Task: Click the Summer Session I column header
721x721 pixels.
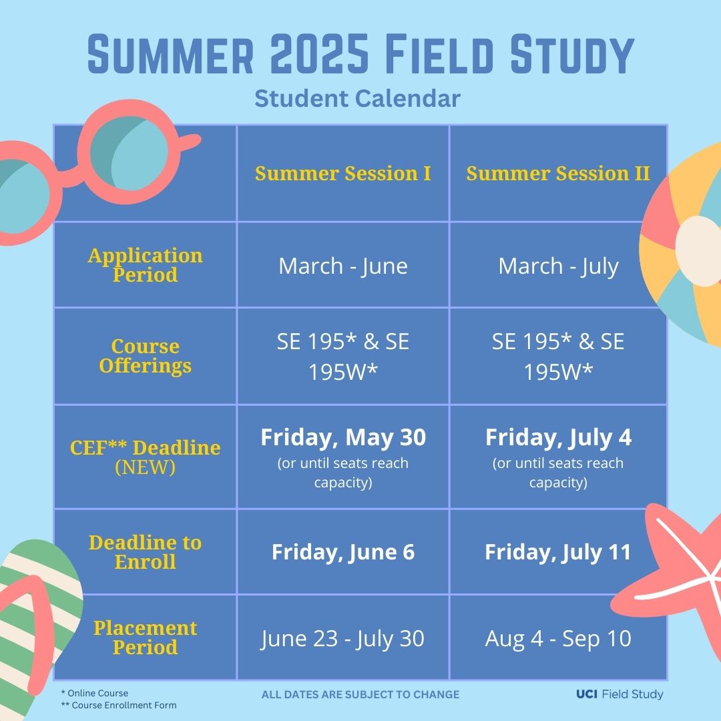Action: click(342, 174)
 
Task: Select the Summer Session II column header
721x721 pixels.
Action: click(558, 174)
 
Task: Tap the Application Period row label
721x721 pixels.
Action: click(145, 265)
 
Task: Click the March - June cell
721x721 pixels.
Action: click(342, 266)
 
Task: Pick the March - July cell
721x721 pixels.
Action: click(558, 266)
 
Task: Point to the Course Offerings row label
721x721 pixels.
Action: click(145, 356)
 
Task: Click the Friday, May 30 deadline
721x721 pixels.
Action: click(342, 438)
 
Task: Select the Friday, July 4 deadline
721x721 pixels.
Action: click(558, 438)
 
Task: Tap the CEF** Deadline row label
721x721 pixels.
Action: click(145, 448)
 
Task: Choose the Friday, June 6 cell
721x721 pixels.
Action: click(342, 553)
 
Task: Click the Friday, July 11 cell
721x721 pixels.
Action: click(558, 553)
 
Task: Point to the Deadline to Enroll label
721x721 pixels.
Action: click(145, 552)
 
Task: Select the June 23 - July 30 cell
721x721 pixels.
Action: click(342, 639)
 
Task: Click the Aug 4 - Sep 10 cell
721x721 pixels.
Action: click(558, 639)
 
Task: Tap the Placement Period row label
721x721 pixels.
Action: click(145, 638)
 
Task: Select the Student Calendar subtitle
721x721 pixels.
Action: click(358, 99)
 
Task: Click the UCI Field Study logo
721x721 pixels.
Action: click(620, 694)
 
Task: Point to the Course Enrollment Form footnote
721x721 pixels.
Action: click(119, 705)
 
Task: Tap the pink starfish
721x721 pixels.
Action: click(674, 574)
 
